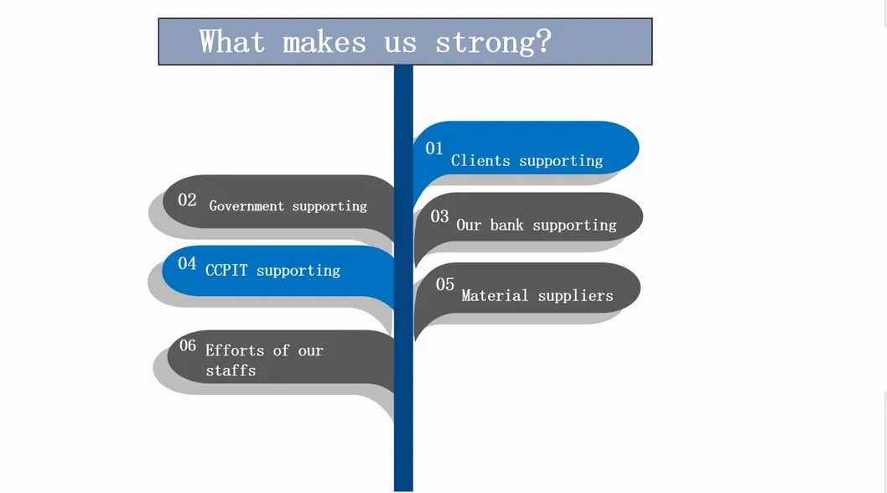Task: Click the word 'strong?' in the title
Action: point(493,43)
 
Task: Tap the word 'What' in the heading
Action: point(232,42)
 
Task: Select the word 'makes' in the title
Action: point(324,43)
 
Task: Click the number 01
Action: point(434,148)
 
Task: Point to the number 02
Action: point(187,200)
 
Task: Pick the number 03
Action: point(439,216)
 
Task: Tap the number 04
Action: point(187,263)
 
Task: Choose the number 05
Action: point(444,284)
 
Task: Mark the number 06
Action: point(188,345)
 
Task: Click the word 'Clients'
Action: point(481,161)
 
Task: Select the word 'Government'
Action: point(246,206)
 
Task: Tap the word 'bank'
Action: point(507,226)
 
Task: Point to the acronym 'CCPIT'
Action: point(226,271)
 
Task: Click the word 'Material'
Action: point(495,295)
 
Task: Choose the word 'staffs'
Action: point(231,371)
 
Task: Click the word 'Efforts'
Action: point(235,350)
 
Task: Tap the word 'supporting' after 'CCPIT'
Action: point(298,271)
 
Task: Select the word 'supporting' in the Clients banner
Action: point(561,161)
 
